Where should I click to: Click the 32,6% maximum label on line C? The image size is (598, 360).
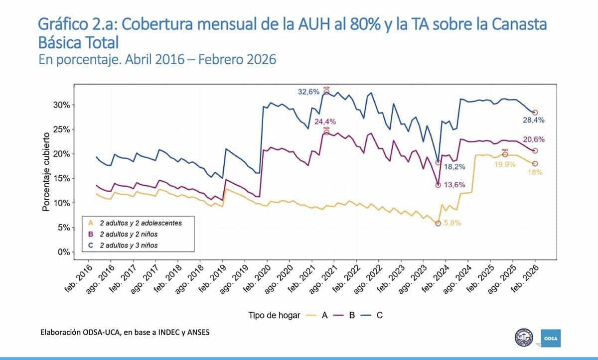point(308,92)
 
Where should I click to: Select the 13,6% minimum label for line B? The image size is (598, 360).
point(453,185)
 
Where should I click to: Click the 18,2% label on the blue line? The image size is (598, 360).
point(453,166)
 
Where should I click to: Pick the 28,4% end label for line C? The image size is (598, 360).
point(533,120)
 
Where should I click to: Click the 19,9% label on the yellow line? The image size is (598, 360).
point(505,164)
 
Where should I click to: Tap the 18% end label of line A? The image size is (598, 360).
point(535,172)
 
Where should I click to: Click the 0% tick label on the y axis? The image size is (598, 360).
point(64,252)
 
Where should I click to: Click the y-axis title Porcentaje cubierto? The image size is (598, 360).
point(46,172)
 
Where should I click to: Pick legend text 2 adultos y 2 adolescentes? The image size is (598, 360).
point(141,223)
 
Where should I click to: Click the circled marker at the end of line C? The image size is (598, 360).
point(535,113)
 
